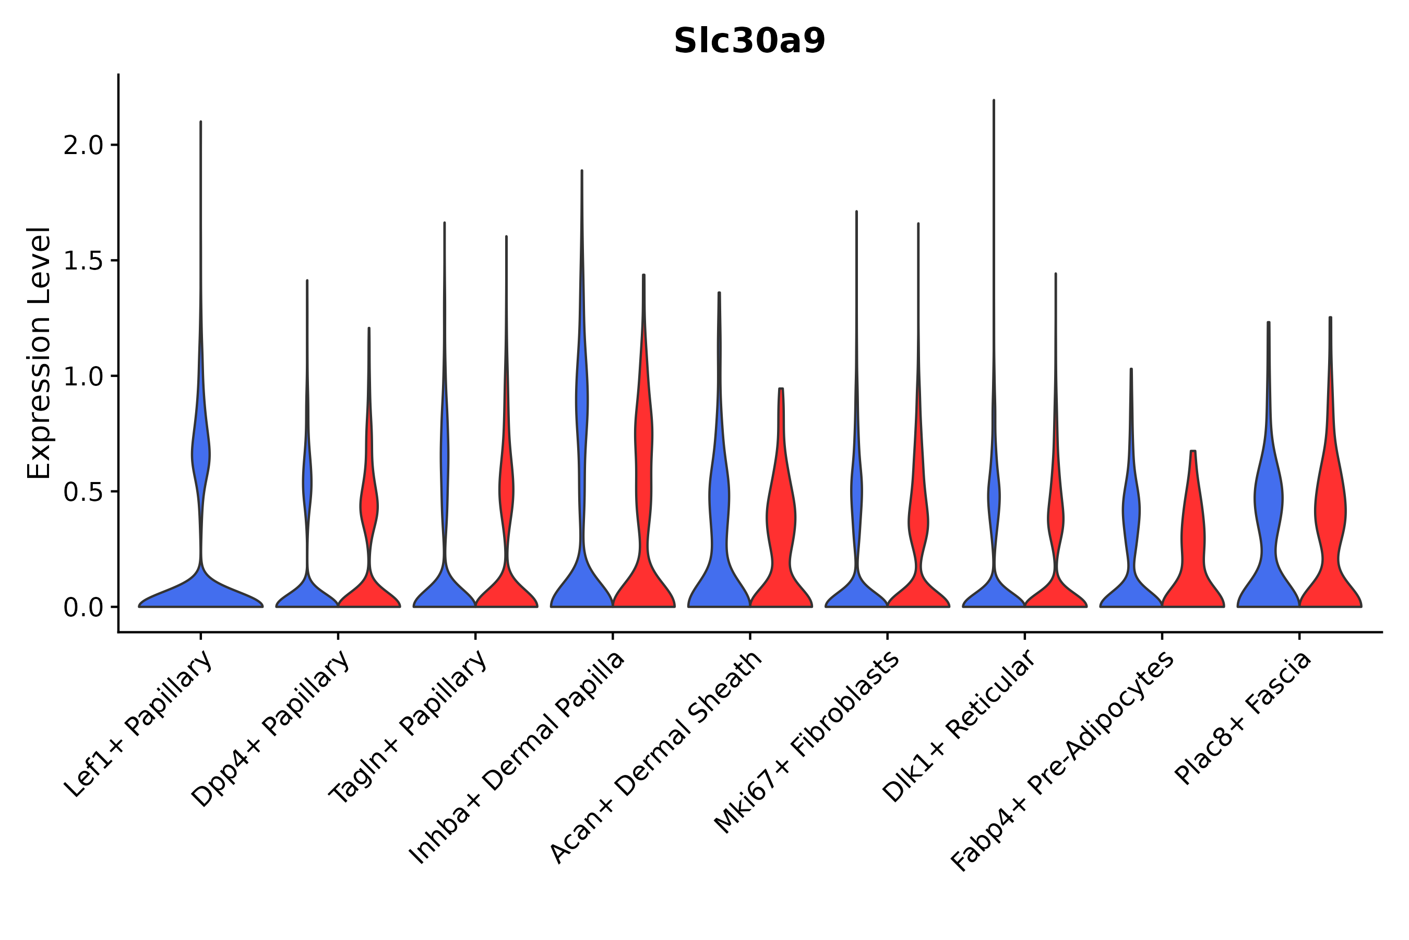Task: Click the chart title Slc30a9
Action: coord(749,41)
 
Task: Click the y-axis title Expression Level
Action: coord(39,352)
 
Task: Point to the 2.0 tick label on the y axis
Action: coord(83,146)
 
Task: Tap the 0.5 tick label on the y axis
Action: coord(83,492)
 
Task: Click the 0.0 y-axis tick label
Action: coord(83,608)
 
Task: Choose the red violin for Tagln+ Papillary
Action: coord(506,587)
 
